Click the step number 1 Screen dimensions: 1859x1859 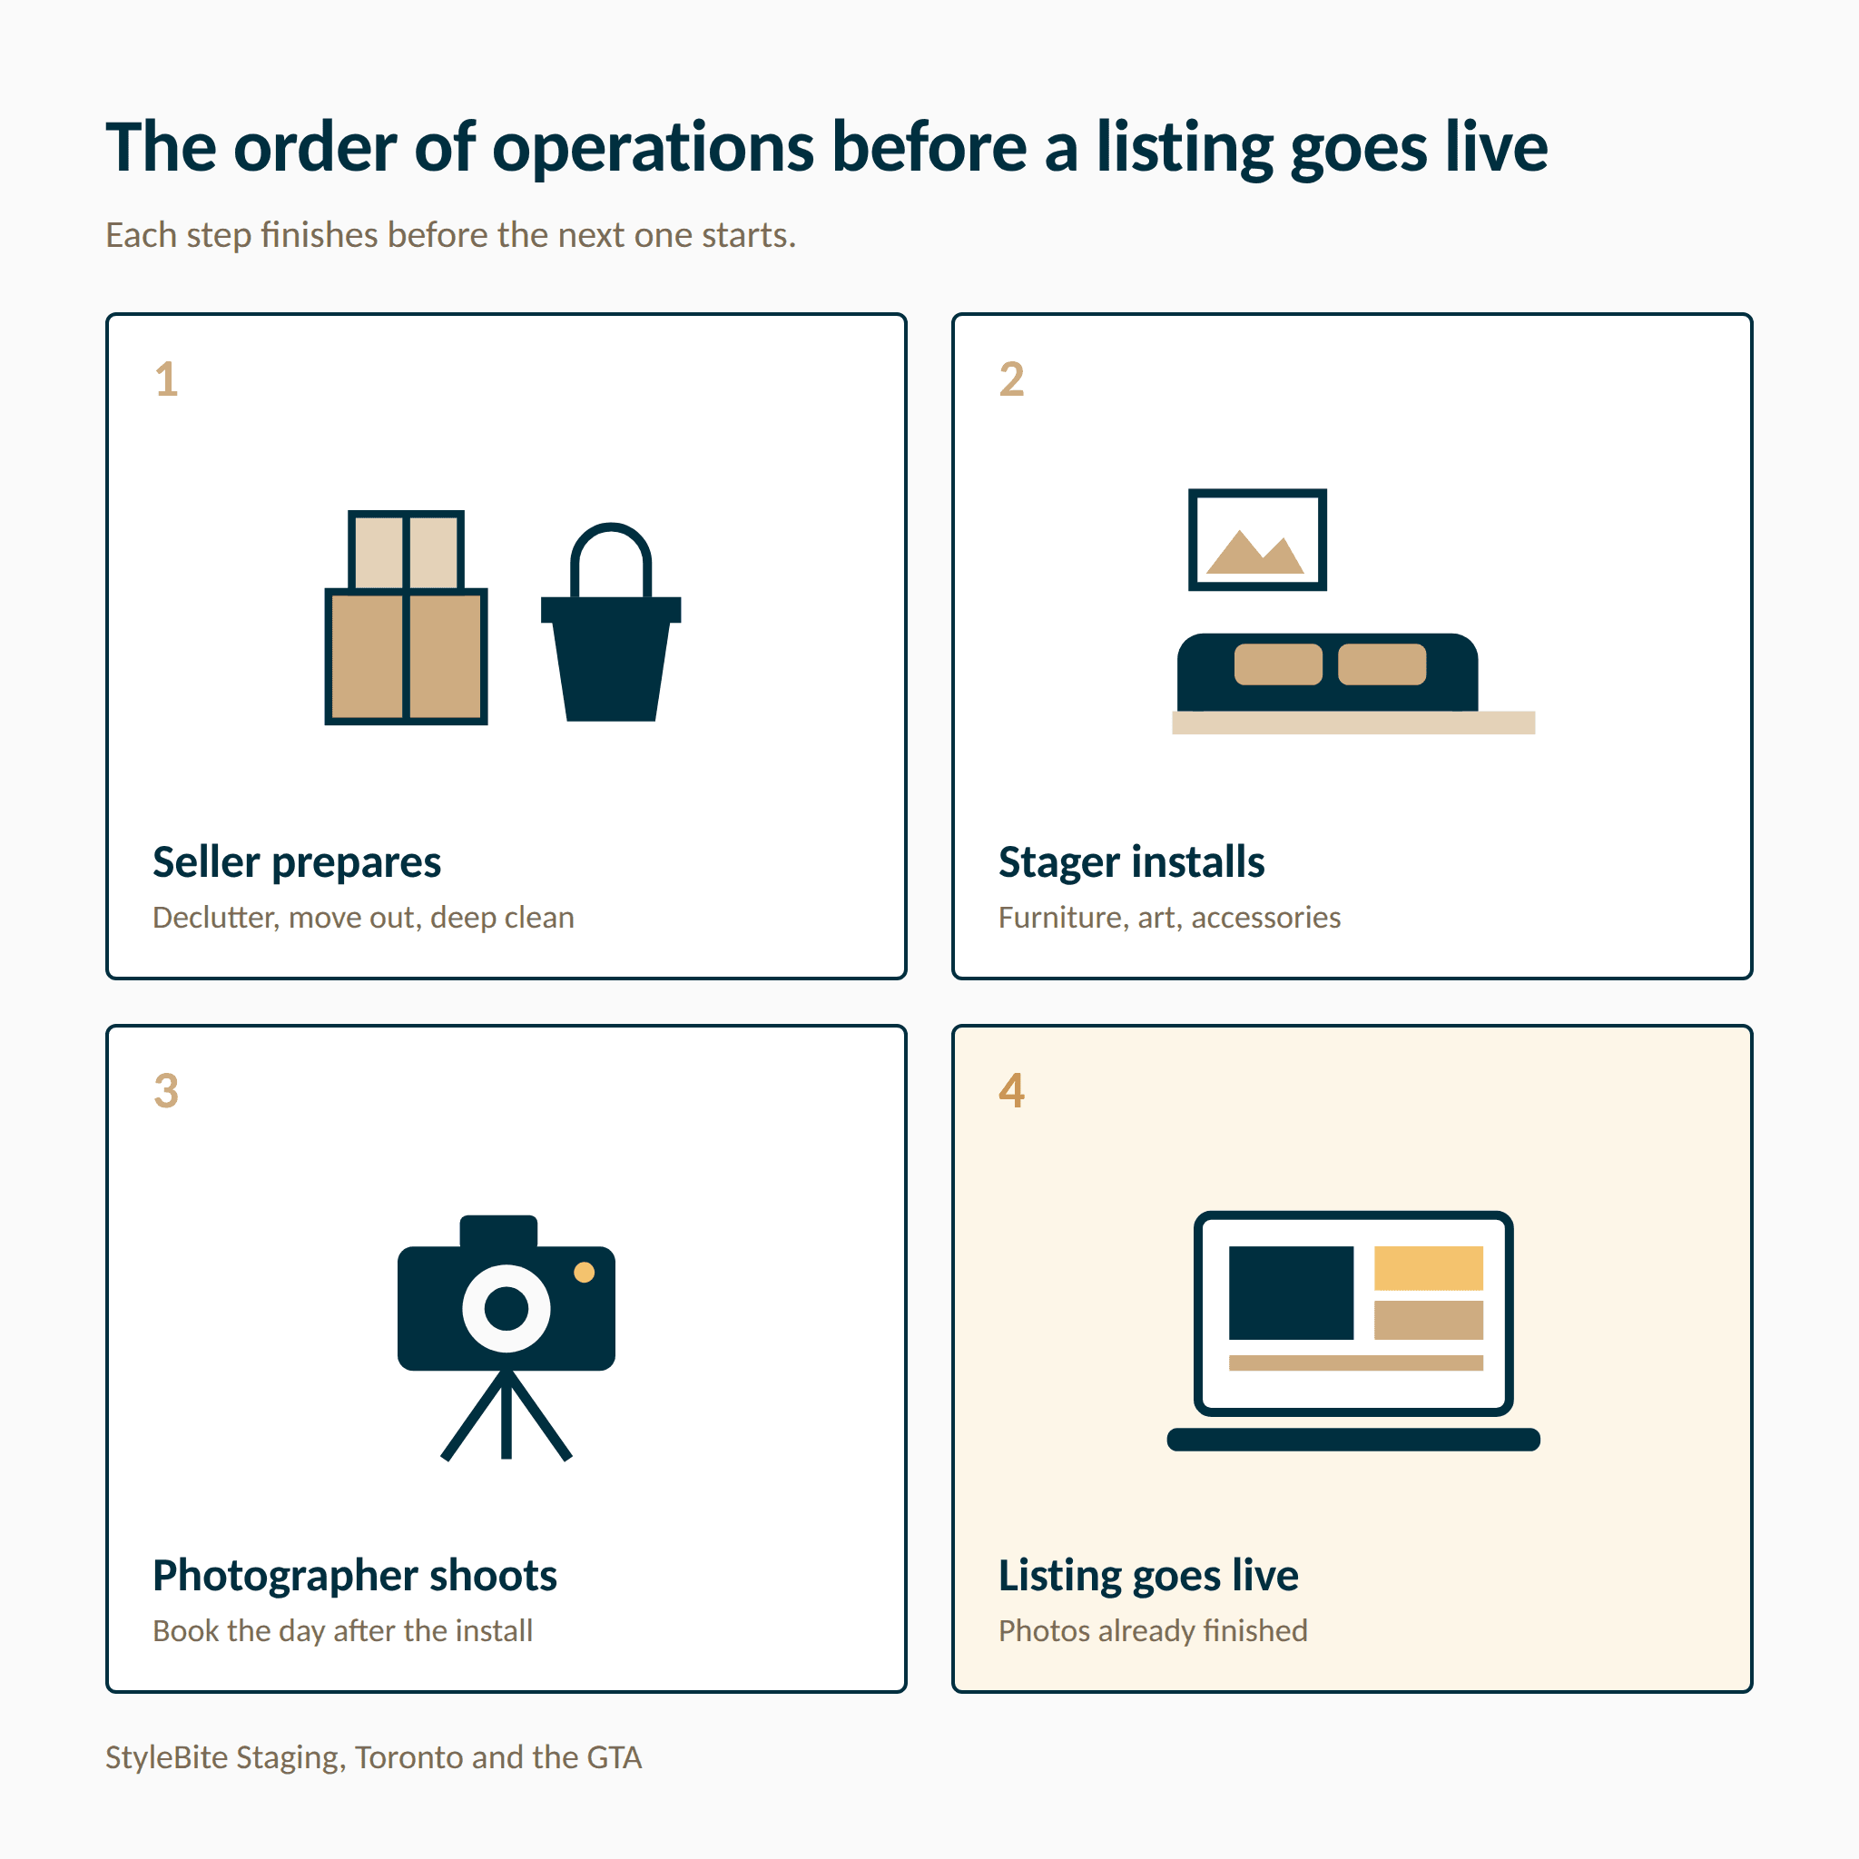pyautogui.click(x=166, y=379)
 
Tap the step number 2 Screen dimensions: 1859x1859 pyautogui.click(x=1011, y=379)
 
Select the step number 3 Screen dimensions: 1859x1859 pyautogui.click(x=166, y=1091)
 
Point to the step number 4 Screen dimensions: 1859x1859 pyautogui.click(x=1011, y=1091)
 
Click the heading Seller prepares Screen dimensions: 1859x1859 pyautogui.click(x=296, y=863)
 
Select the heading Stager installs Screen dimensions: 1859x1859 pyautogui.click(x=1132, y=862)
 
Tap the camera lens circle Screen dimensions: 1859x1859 pyautogui.click(x=507, y=1309)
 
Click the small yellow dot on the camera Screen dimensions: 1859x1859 pyautogui.click(x=584, y=1272)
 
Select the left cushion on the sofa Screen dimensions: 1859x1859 pyautogui.click(x=1278, y=664)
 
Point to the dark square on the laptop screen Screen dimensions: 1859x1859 pyautogui.click(x=1292, y=1293)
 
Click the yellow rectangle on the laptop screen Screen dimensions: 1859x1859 pyautogui.click(x=1429, y=1268)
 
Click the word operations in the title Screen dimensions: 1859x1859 pyautogui.click(x=654, y=150)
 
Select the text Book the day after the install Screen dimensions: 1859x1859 pyautogui.click(x=342, y=1631)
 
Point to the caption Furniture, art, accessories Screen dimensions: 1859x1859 pyautogui.click(x=1169, y=918)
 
